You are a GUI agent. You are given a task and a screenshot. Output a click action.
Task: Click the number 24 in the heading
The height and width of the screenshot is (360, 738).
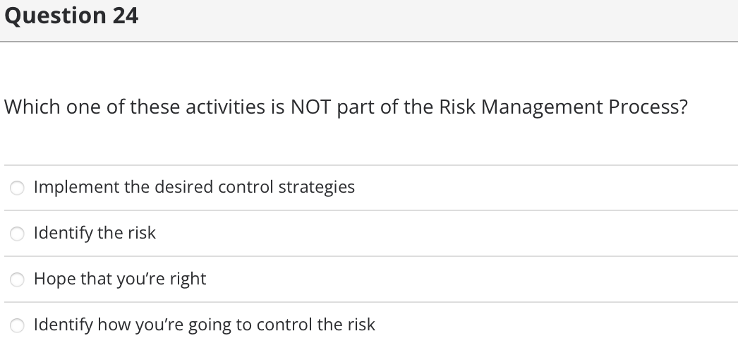pyautogui.click(x=124, y=15)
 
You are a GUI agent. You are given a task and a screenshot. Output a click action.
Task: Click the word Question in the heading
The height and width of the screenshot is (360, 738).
pyautogui.click(x=54, y=16)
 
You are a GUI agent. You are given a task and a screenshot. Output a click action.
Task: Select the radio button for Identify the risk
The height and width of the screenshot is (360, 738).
pyautogui.click(x=17, y=234)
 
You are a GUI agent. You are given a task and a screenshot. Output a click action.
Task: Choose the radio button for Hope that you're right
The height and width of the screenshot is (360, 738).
pyautogui.click(x=17, y=280)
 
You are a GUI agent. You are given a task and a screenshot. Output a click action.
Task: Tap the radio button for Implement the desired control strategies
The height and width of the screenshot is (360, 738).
pyautogui.click(x=17, y=188)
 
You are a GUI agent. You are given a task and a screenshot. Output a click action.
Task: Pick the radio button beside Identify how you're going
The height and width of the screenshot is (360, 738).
pyautogui.click(x=17, y=325)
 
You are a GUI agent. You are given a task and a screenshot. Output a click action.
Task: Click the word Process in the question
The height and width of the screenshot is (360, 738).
pyautogui.click(x=641, y=107)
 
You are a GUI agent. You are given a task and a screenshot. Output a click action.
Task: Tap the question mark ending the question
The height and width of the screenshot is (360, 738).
pyautogui.click(x=682, y=107)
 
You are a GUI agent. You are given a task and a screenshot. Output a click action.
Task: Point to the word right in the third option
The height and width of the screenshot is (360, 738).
pyautogui.click(x=188, y=280)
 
